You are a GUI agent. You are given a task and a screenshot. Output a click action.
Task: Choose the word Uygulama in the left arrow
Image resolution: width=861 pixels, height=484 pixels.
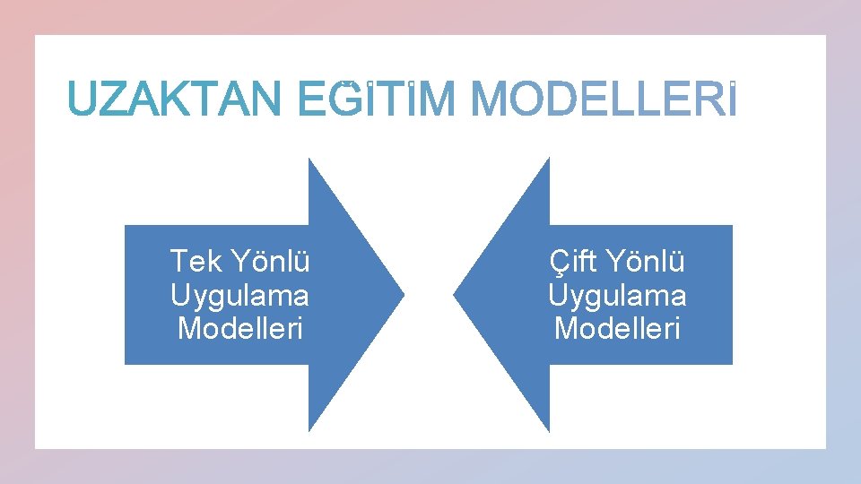pos(239,295)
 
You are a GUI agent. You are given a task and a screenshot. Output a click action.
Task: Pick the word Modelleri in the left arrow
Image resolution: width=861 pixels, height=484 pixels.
pos(240,328)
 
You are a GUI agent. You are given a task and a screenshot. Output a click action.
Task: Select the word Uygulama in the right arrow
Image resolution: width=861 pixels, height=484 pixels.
pos(617,295)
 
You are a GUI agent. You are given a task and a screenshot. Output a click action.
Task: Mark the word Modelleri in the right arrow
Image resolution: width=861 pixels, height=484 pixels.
pos(617,328)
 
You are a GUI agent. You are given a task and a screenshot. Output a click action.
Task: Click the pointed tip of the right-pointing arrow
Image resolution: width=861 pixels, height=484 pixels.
pos(403,294)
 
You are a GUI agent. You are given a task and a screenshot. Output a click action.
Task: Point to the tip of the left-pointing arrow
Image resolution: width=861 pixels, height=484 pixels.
pos(455,294)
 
